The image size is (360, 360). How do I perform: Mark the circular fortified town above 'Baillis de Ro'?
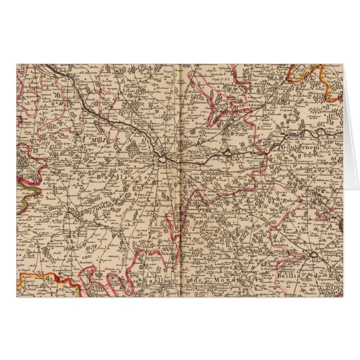coord(314,254)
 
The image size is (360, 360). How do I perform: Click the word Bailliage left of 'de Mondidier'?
coord(159,278)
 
